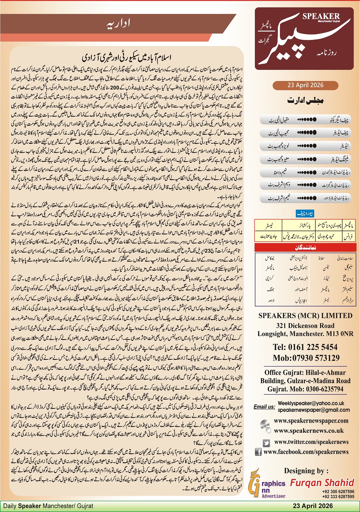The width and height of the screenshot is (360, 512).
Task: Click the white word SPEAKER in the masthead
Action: pyautogui.click(x=321, y=16)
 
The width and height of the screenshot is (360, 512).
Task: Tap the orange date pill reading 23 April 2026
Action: pyautogui.click(x=305, y=85)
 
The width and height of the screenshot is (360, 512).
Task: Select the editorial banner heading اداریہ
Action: pyautogui.click(x=118, y=24)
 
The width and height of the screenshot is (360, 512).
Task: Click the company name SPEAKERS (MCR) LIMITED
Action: pyautogui.click(x=305, y=316)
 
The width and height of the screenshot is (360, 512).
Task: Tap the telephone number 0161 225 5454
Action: pyautogui.click(x=305, y=347)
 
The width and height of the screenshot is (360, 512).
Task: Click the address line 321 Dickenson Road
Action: pyautogui.click(x=305, y=326)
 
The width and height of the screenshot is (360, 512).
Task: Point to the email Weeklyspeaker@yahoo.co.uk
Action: pyautogui.click(x=311, y=403)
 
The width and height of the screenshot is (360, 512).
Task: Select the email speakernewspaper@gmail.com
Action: pyautogui.click(x=314, y=410)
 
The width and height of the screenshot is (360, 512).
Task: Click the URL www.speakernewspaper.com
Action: pyautogui.click(x=311, y=421)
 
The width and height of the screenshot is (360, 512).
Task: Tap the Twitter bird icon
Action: pyautogui.click(x=266, y=443)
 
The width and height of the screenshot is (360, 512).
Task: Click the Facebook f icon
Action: pyautogui.click(x=258, y=452)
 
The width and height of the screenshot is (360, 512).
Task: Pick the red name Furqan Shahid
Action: pyautogui.click(x=322, y=482)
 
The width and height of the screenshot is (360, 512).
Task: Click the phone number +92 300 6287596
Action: pyautogui.click(x=338, y=491)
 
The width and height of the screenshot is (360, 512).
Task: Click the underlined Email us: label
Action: pyautogui.click(x=264, y=407)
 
